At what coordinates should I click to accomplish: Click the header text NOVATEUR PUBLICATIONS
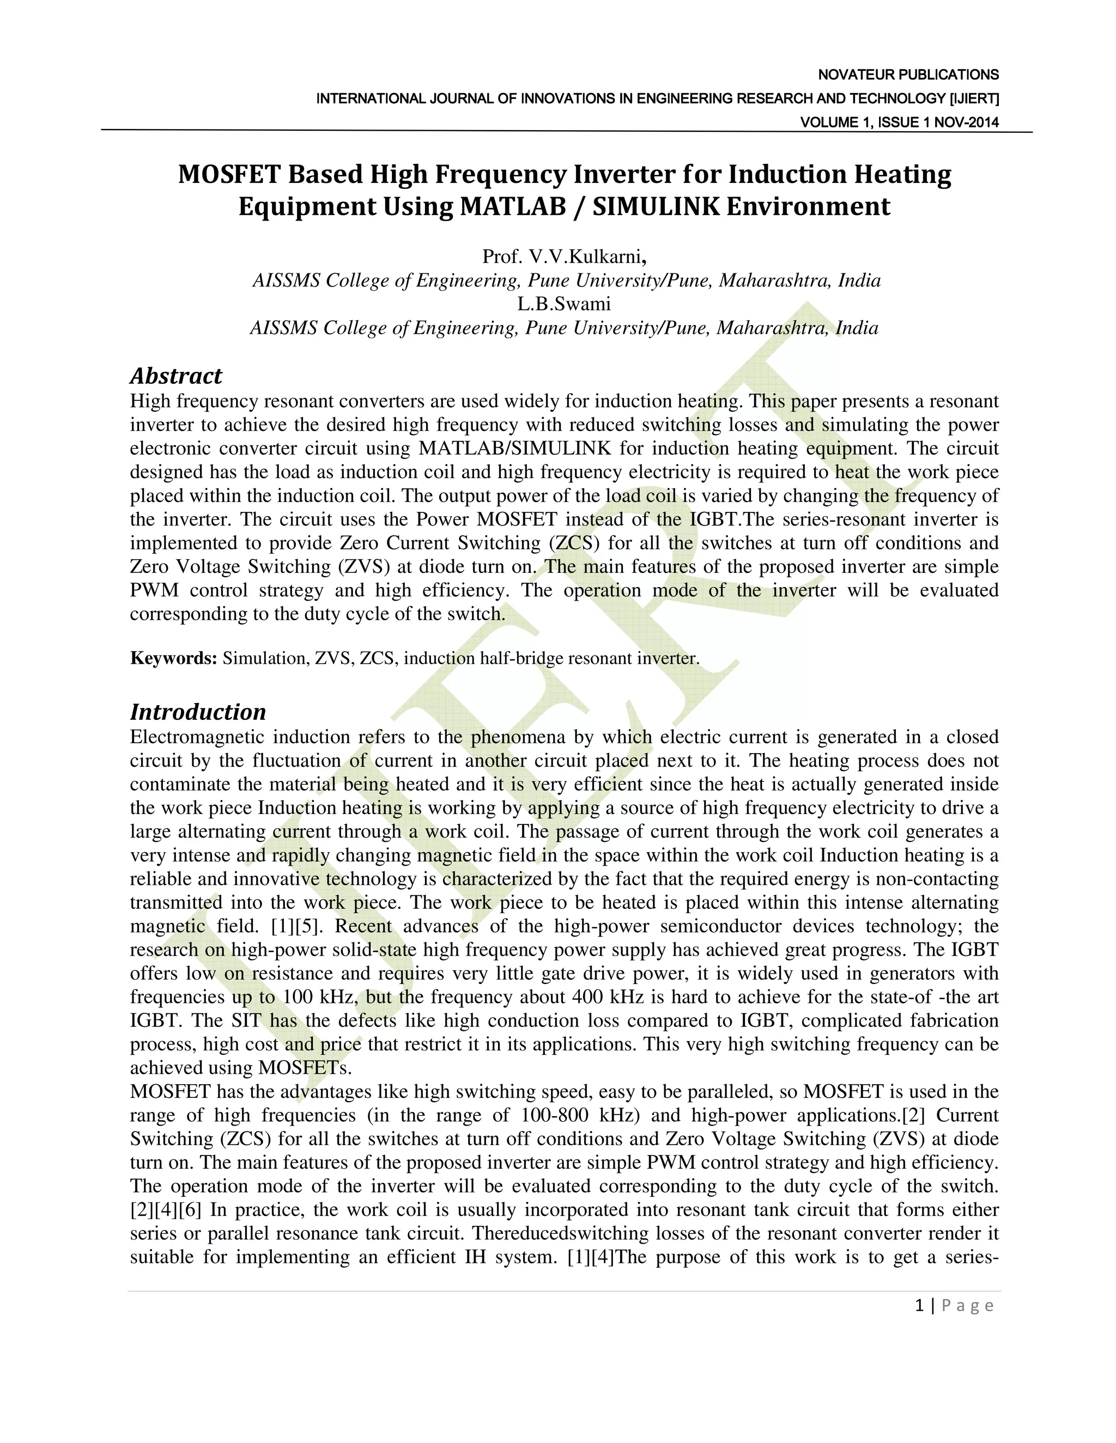tap(908, 75)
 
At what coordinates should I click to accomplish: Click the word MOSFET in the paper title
tap(225, 174)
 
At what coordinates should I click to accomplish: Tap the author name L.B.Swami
tap(564, 304)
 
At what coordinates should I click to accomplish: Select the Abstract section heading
tap(176, 376)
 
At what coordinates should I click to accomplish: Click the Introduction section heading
tap(198, 712)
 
